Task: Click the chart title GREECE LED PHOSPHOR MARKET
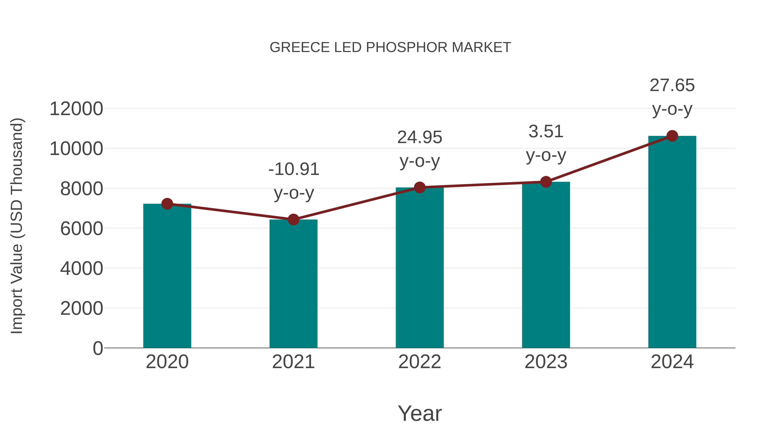[390, 47]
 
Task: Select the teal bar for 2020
[167, 276]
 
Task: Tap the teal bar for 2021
[293, 284]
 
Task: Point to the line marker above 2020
[167, 204]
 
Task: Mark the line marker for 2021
[293, 220]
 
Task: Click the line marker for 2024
[672, 136]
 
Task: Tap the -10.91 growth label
[294, 169]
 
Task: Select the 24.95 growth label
[420, 137]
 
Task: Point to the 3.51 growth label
[546, 132]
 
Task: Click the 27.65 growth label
[672, 85]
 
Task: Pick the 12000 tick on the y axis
[76, 109]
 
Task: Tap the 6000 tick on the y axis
[82, 228]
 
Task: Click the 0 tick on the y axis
[98, 348]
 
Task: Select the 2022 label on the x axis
[420, 362]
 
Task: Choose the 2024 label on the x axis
[672, 362]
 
